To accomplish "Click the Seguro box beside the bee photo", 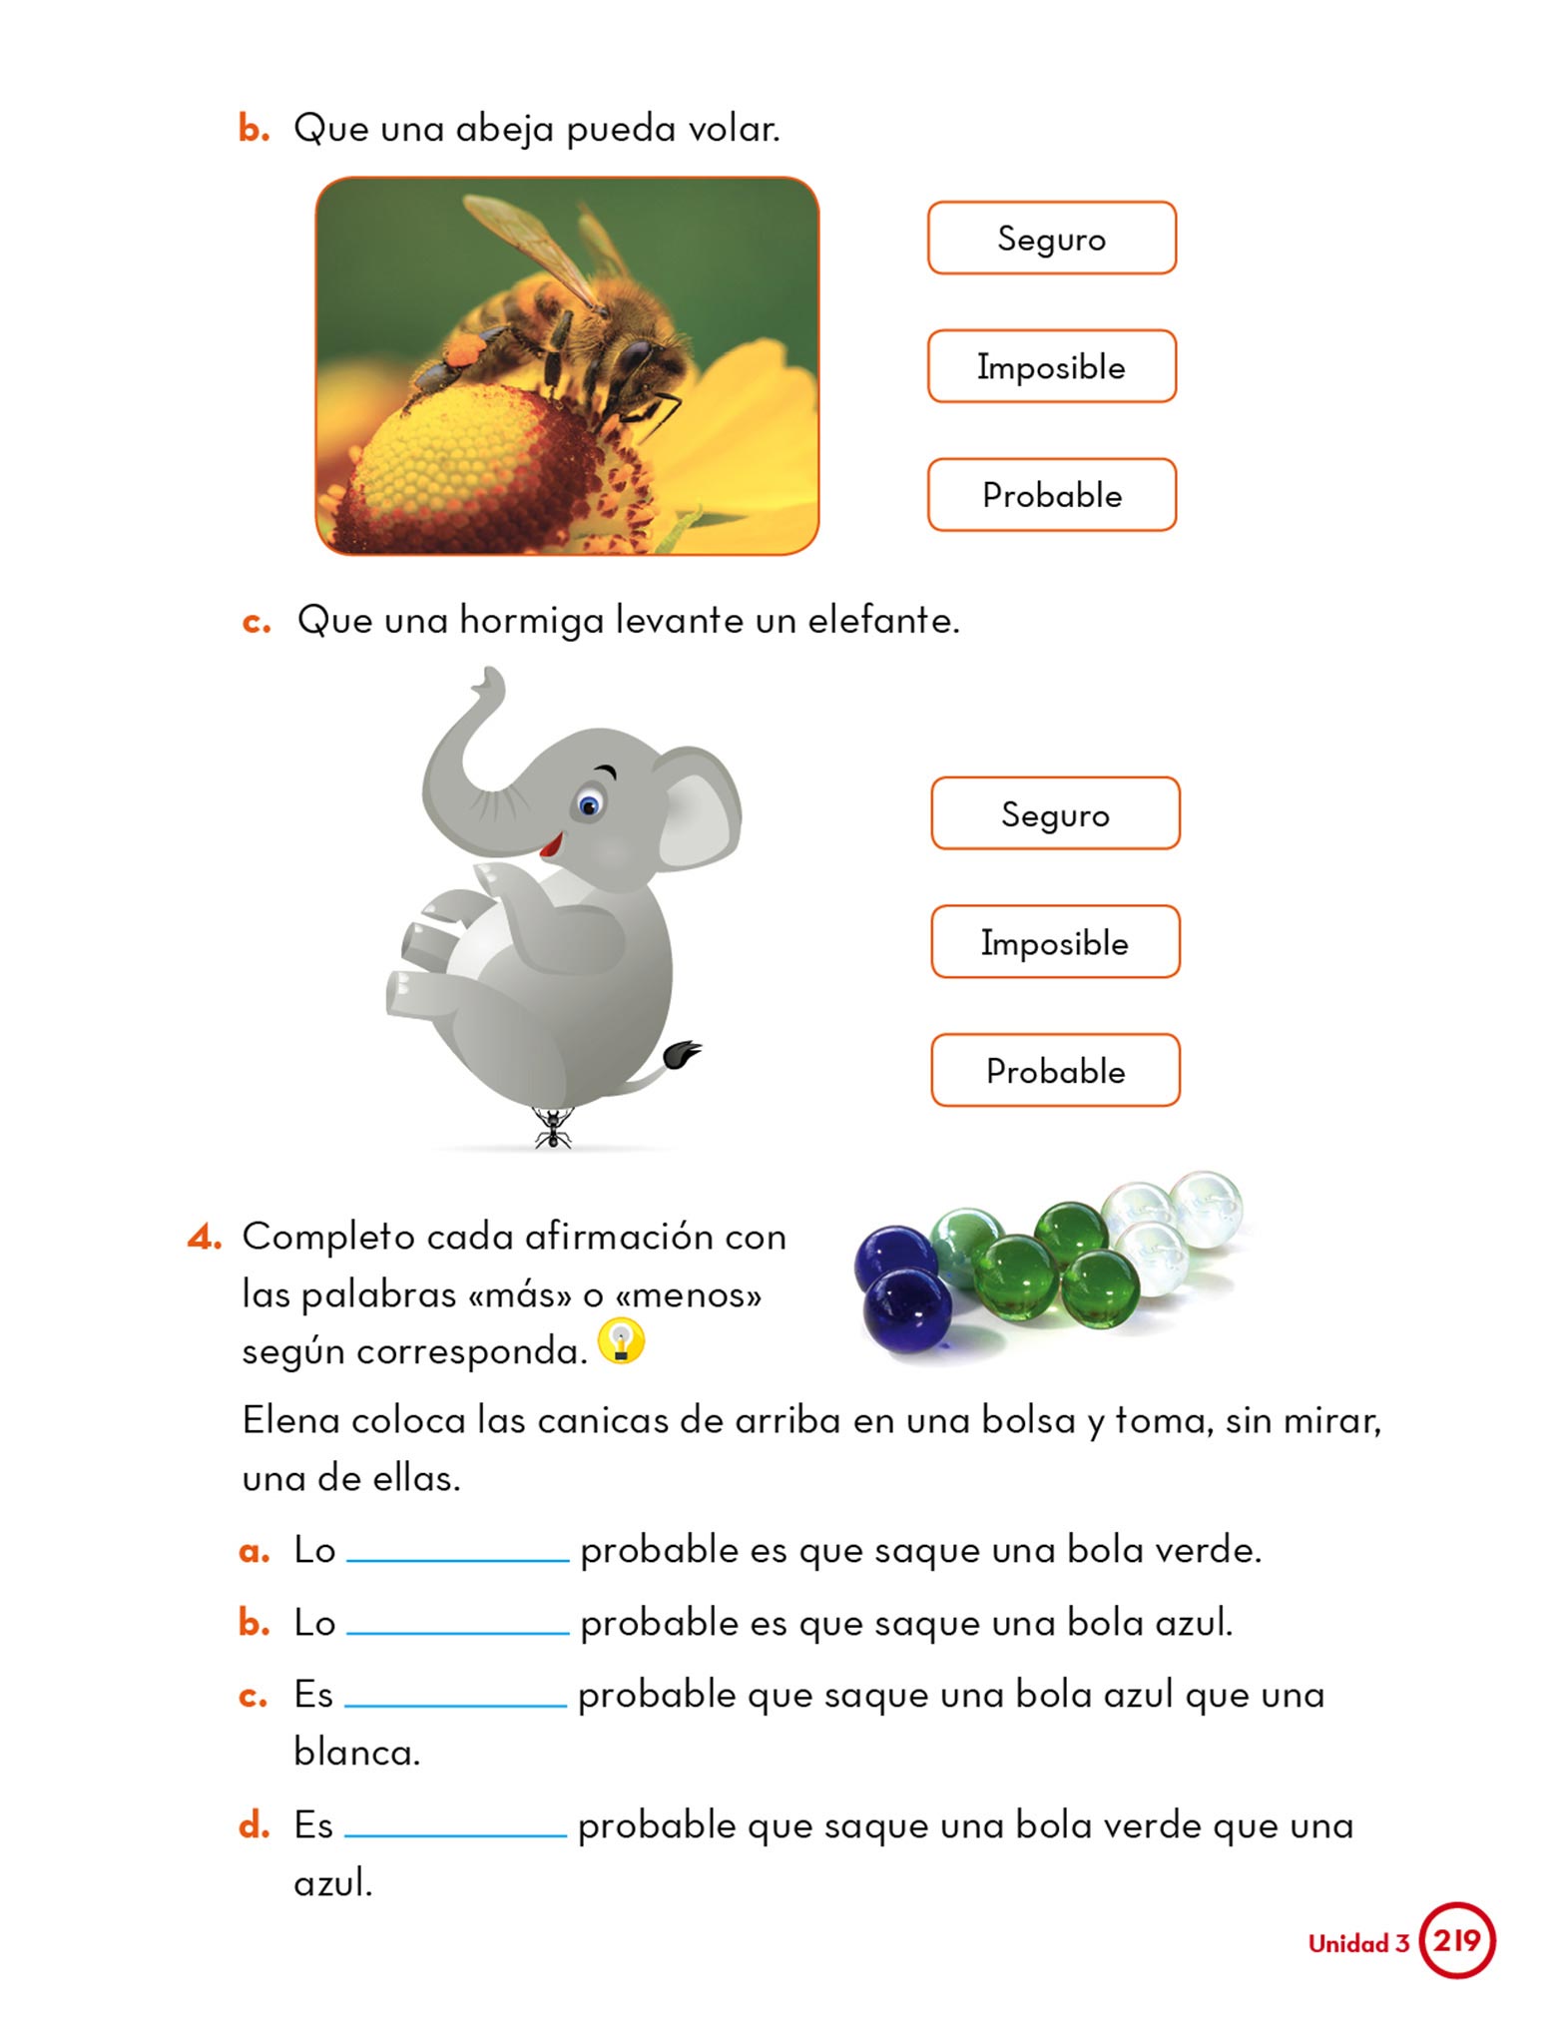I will point(1051,239).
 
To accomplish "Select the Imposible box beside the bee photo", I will point(1051,366).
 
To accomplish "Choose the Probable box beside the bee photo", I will point(1051,495).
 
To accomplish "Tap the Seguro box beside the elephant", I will point(1055,814).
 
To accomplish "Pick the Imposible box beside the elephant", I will point(1055,942).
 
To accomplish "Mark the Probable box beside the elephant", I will point(1055,1071).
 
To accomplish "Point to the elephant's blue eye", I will point(588,803).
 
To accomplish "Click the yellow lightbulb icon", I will point(621,1341).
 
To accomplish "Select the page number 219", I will point(1456,1940).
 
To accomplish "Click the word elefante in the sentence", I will point(882,621).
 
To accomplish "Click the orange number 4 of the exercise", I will point(203,1238).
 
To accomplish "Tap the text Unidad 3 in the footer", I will point(1357,1943).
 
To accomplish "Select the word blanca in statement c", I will point(356,1752).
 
